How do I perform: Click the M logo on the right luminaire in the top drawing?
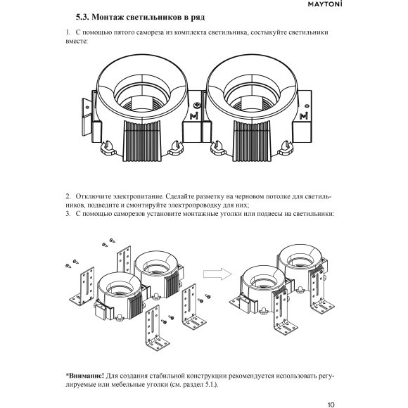303,115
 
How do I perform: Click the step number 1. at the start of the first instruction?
68,33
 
